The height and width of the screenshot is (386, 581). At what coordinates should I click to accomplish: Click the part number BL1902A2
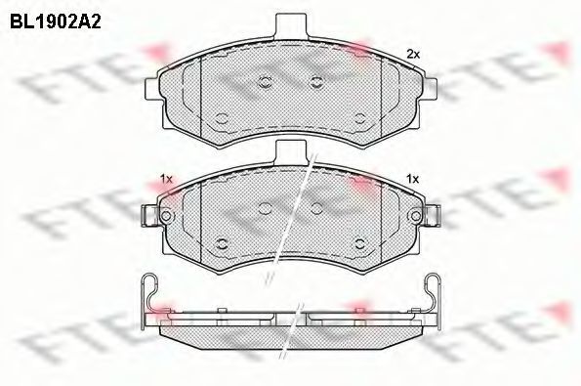coord(56,22)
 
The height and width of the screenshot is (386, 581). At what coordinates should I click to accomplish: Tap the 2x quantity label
coord(413,55)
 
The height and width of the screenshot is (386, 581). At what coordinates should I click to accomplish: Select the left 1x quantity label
coord(166,179)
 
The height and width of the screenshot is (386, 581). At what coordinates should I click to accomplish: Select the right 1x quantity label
coord(412,179)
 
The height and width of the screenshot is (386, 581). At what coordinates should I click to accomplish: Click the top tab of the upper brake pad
coord(291,25)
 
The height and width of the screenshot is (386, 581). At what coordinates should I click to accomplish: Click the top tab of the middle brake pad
coord(291,151)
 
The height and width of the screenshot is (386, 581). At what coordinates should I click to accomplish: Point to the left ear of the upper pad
coord(152,89)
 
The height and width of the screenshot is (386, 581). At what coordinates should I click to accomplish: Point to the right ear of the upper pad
coord(430,89)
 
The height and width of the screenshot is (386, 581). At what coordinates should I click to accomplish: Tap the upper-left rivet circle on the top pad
coord(266,82)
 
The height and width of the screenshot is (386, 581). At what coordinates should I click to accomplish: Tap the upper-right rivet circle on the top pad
coord(316,82)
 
